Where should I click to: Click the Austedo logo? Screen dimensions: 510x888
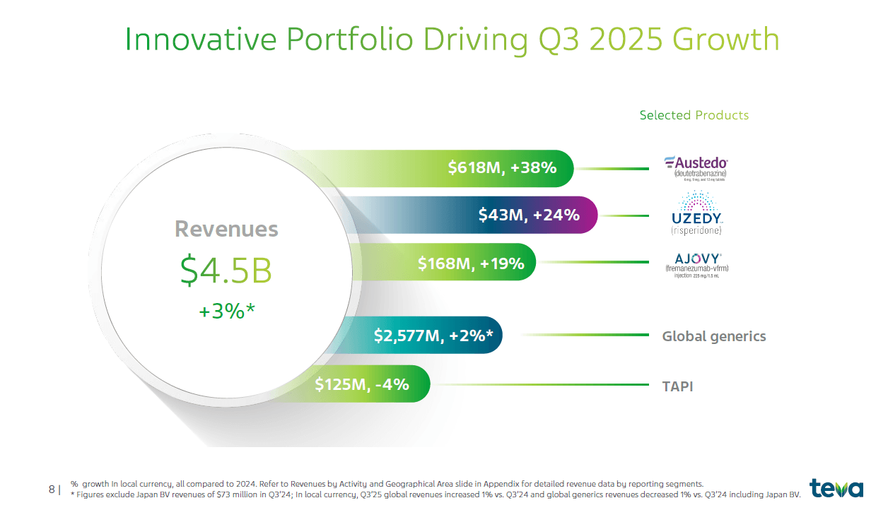696,167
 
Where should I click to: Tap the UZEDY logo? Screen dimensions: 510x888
696,213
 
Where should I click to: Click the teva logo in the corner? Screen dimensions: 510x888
836,488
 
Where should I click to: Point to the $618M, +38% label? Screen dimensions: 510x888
502,167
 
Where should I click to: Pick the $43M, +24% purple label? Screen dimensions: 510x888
528,215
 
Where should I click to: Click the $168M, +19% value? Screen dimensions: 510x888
471,263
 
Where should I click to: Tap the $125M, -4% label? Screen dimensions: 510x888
362,384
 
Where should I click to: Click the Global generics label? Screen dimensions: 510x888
713,336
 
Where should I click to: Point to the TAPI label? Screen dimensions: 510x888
677,386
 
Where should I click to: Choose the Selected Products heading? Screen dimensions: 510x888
694,115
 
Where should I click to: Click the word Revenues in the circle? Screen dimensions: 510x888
226,229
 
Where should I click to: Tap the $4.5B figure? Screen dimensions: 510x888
226,270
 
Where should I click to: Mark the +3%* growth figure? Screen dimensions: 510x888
226,311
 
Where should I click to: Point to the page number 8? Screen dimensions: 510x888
52,489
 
